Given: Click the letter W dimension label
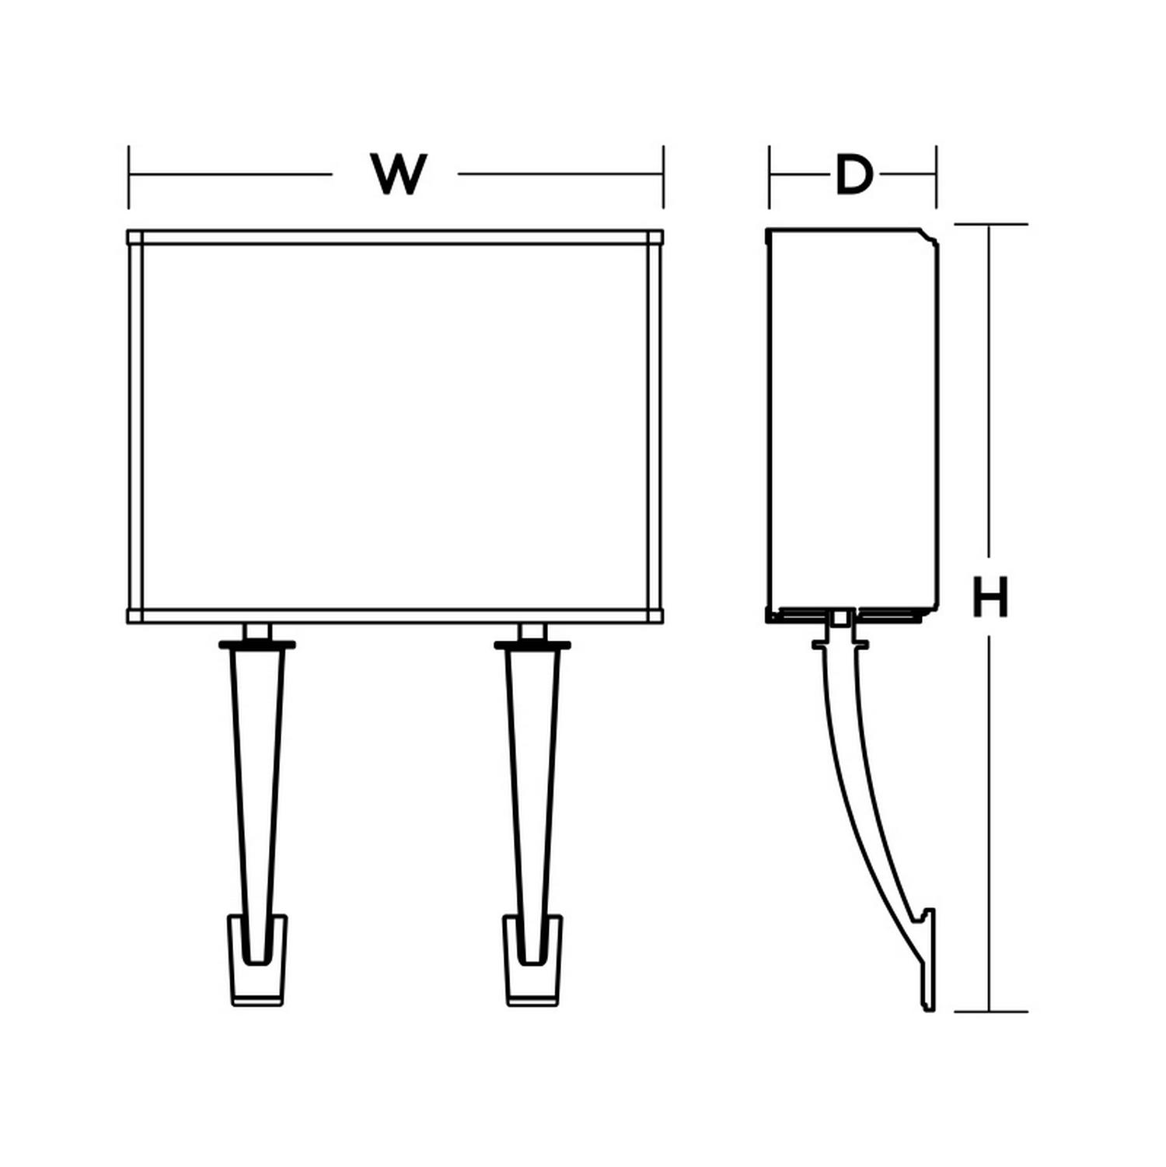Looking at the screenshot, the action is (400, 174).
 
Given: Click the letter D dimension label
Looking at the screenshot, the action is (854, 175).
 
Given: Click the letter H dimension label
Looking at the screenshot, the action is (990, 597).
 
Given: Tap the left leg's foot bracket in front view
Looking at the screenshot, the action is (257, 961).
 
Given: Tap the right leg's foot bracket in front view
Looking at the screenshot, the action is (533, 961).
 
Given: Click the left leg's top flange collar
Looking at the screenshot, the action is (257, 645).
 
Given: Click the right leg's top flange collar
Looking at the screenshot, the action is (533, 645).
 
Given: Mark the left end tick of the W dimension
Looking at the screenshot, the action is (129, 176).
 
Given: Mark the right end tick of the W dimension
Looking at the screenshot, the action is (663, 176).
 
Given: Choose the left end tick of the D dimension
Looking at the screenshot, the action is (770, 176).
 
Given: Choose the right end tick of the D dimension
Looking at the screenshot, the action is (936, 176).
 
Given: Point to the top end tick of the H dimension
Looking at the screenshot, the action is (991, 225).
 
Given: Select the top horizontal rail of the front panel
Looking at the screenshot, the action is (396, 237).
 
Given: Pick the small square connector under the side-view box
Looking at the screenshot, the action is (840, 618).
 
